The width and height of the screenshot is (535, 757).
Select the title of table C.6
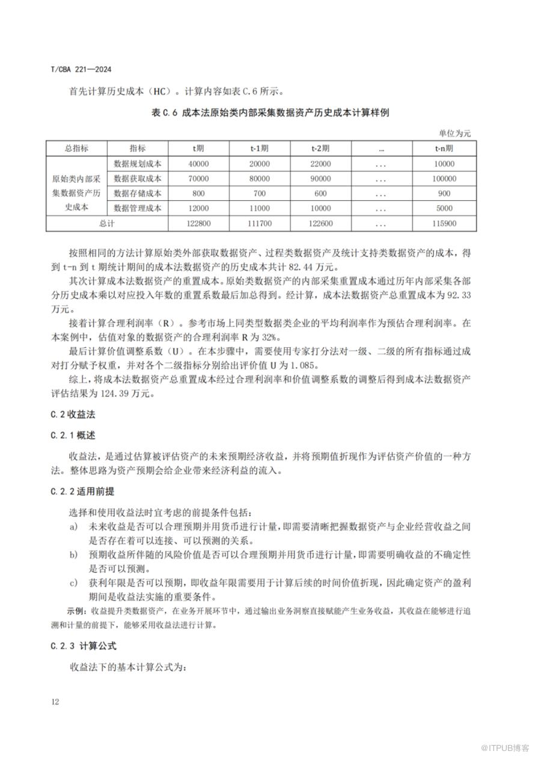267,113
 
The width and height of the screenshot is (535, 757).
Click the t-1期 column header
259,148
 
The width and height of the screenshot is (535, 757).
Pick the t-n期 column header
444,148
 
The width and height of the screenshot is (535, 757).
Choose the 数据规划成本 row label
137,164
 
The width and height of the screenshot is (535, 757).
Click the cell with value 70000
198,179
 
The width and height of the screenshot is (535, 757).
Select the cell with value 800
198,193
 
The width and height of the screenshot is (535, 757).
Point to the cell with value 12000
198,208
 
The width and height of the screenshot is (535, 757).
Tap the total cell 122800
198,223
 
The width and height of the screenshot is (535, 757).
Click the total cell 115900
444,223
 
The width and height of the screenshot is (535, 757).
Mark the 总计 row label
106,223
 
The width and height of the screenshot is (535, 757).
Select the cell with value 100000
444,179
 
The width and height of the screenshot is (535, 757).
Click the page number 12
55,702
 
